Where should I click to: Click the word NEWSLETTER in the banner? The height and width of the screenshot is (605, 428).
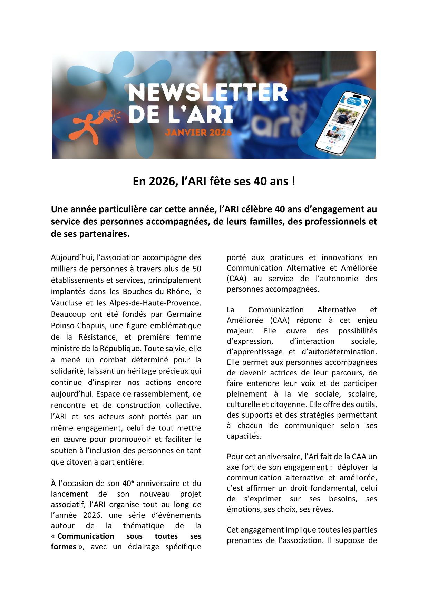(x=208, y=92)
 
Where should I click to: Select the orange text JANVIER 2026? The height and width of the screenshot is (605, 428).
(x=198, y=132)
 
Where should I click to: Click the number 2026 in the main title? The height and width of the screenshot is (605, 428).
(x=163, y=182)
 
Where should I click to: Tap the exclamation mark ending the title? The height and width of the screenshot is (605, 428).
(x=293, y=182)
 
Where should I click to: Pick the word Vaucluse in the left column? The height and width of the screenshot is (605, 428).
(x=67, y=303)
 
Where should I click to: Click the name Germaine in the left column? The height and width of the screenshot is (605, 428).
(x=184, y=314)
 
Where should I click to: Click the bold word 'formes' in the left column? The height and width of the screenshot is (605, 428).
(x=64, y=547)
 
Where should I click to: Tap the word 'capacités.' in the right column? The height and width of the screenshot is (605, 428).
(x=244, y=436)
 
